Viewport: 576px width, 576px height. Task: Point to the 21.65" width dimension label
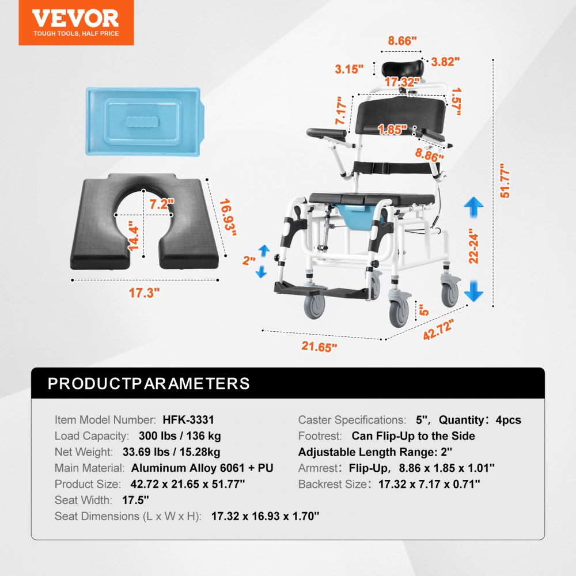coord(319,346)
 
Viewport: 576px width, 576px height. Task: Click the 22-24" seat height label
coord(473,246)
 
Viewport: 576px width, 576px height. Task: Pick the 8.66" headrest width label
coord(401,41)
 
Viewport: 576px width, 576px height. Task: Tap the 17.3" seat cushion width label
coord(144,293)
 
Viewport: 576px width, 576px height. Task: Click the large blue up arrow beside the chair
coord(473,206)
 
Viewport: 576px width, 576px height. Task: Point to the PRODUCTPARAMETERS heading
coord(149,383)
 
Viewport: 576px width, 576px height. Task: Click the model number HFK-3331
coord(188,420)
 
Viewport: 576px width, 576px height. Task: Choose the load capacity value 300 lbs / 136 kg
coord(180,436)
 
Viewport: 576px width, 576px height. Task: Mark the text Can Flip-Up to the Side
coord(413,436)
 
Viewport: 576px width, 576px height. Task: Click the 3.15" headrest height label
coord(350,69)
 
